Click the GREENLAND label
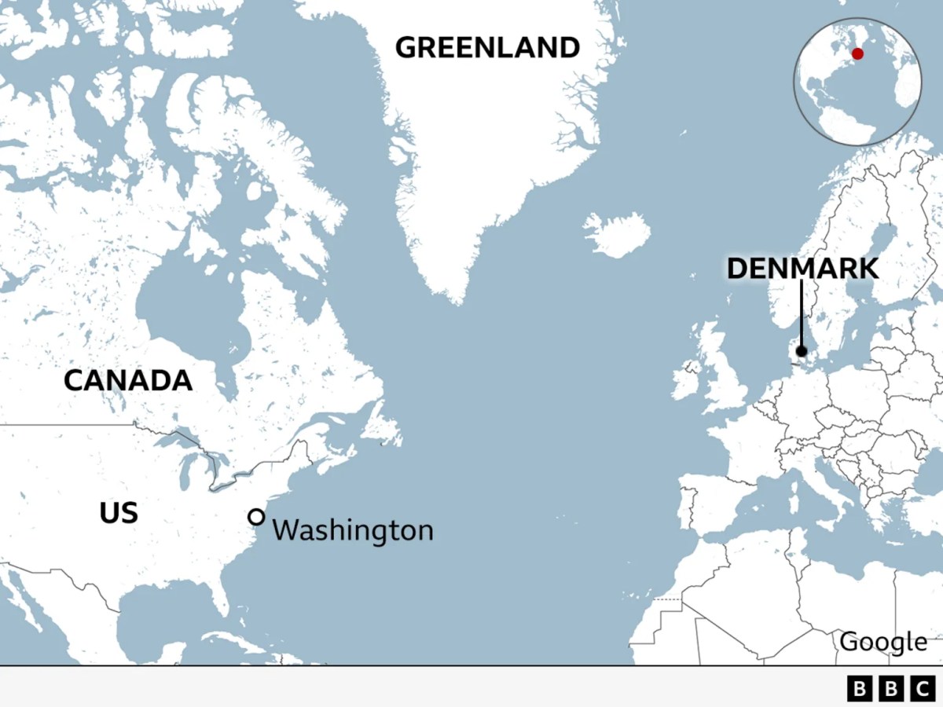pos(487,48)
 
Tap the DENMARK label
pos(802,269)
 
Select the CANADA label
pos(128,381)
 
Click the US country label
pos(119,514)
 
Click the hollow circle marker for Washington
pos(256,517)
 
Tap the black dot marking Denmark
pos(802,351)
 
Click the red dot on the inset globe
pos(857,53)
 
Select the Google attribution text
pos(883,642)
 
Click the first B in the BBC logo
pos(861,689)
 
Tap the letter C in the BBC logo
pos(921,689)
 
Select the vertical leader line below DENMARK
pos(802,314)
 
